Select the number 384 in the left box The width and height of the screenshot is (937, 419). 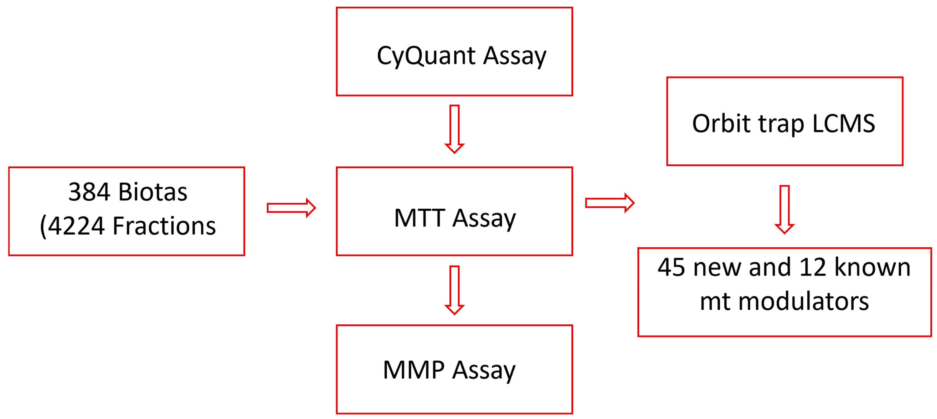tap(89, 192)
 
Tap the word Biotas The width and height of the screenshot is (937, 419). tap(153, 192)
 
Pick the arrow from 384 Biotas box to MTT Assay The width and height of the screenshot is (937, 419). tap(291, 208)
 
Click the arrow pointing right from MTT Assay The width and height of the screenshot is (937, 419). tap(610, 203)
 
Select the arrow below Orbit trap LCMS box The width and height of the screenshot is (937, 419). tap(785, 209)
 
